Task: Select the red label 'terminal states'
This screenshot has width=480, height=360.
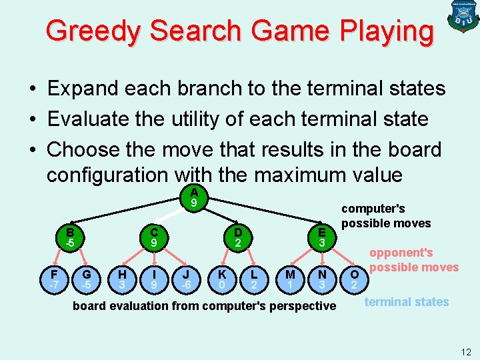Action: (407, 302)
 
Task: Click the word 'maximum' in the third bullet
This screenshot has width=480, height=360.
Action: (291, 175)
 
